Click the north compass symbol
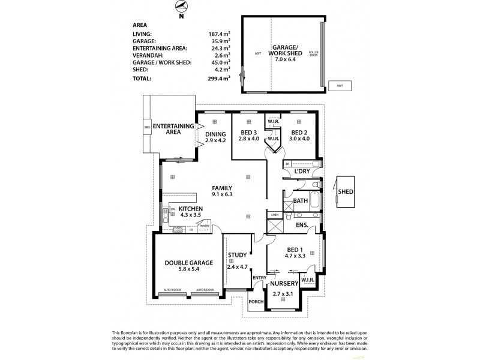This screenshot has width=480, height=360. point(181,7)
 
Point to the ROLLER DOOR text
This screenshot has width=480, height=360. point(313,53)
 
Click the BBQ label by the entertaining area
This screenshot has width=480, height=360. point(146,128)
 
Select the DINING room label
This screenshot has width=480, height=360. point(215,134)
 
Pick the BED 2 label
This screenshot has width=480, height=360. point(299,133)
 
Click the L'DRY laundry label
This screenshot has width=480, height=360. point(301,172)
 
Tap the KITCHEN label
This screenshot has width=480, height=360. point(191,208)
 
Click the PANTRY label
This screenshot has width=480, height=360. point(205,226)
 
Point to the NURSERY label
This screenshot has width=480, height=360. point(284,283)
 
